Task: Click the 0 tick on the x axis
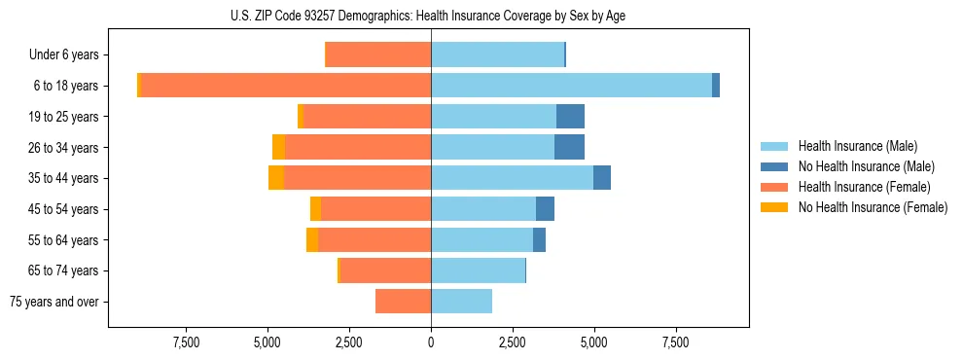click(431, 342)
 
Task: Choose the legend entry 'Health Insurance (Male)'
click(857, 146)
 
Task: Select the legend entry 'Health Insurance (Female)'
click(864, 187)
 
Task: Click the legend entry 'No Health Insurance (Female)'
click(873, 207)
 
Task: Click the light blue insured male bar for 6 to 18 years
click(571, 86)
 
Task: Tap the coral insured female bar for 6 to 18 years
click(286, 86)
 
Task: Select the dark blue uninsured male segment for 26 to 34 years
click(569, 147)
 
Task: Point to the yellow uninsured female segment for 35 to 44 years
click(276, 178)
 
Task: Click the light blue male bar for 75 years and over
click(461, 302)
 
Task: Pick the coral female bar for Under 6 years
click(377, 54)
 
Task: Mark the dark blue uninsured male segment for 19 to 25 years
click(570, 117)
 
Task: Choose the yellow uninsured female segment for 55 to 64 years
click(312, 239)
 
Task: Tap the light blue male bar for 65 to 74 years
click(478, 270)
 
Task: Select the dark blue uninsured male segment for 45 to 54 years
click(545, 209)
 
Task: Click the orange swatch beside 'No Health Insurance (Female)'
click(774, 207)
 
